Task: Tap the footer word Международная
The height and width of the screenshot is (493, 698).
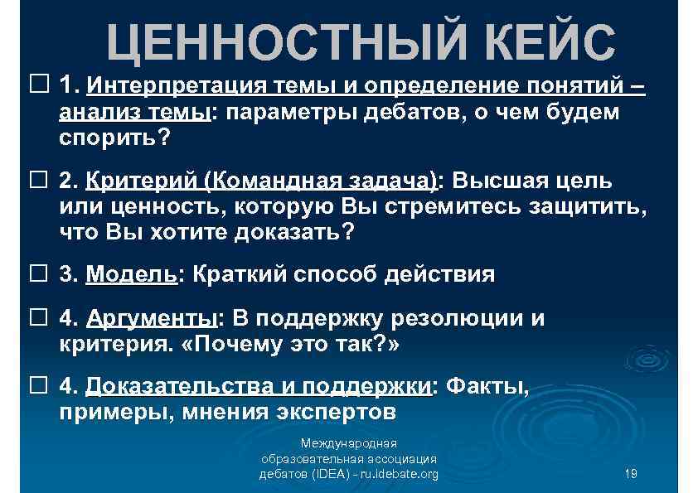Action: click(348, 443)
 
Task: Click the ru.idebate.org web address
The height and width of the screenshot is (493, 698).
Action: click(393, 474)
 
